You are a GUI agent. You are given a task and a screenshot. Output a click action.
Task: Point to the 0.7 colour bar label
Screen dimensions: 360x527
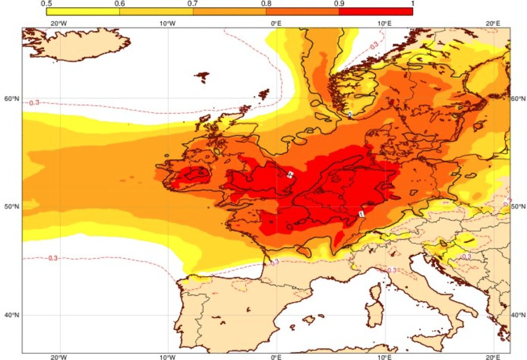pos(193,4)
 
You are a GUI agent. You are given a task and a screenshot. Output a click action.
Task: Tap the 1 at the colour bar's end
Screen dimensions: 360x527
pos(411,4)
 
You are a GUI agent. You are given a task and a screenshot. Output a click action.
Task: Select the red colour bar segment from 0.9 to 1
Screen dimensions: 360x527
pos(375,12)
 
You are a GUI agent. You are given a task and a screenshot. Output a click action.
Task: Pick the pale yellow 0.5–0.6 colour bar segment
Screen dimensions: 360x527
pos(83,12)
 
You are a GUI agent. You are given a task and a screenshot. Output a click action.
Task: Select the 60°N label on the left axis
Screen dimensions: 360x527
pos(14,98)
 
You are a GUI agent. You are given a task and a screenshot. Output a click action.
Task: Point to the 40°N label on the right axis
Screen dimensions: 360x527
pos(519,315)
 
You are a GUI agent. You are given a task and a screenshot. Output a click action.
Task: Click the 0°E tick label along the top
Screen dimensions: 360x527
pos(276,23)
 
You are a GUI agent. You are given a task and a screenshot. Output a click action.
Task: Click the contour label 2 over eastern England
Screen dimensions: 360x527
pos(290,175)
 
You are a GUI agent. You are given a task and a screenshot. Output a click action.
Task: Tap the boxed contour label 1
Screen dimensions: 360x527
pos(361,214)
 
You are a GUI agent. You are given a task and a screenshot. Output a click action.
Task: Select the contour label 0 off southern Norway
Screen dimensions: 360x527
pos(350,115)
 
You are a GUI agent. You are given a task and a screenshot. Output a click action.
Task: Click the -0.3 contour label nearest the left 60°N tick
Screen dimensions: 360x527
pos(34,102)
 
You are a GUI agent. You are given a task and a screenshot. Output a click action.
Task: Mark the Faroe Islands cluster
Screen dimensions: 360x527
pos(203,77)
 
